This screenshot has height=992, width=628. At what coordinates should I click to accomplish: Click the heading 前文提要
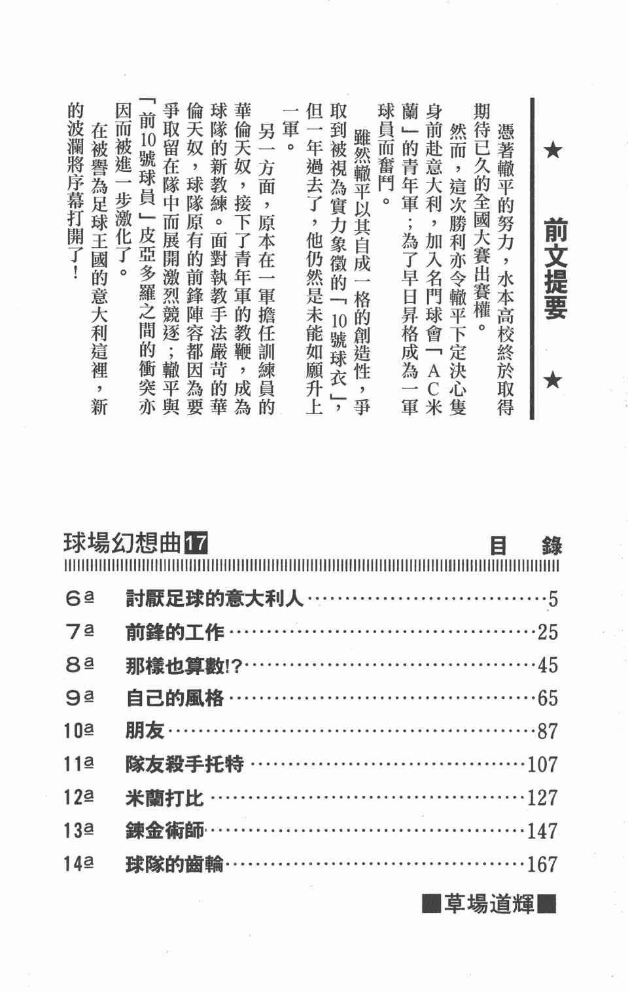(x=555, y=269)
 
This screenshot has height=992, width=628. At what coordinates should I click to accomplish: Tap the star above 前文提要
(x=553, y=151)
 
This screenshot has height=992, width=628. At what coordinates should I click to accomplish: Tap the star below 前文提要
(x=553, y=379)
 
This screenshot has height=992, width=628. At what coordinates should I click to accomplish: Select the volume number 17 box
(x=196, y=543)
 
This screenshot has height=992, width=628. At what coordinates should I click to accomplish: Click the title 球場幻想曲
(x=122, y=543)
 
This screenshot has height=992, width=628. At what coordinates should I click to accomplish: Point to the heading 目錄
(x=526, y=545)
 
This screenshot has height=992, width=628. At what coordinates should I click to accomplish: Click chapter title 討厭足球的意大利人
(x=215, y=598)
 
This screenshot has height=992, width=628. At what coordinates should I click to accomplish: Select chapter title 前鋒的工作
(x=175, y=632)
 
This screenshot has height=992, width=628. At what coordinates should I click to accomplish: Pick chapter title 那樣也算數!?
(x=184, y=665)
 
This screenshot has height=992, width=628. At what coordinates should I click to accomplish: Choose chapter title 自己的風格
(x=175, y=698)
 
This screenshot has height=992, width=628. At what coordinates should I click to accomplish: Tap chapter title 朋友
(x=145, y=730)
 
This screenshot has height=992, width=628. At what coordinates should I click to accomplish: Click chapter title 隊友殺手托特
(x=184, y=764)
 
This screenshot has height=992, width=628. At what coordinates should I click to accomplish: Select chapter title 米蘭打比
(x=165, y=797)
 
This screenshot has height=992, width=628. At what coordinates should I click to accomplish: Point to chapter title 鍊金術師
(x=165, y=830)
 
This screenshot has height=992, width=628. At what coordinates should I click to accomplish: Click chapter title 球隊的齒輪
(x=175, y=864)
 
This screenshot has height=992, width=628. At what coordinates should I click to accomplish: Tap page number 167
(x=542, y=864)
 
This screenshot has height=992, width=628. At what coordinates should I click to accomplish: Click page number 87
(x=548, y=731)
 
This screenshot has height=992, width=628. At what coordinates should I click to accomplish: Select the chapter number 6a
(x=79, y=598)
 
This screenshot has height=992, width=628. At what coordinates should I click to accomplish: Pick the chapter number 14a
(x=78, y=864)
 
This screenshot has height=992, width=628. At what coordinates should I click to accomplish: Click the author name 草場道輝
(x=489, y=904)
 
